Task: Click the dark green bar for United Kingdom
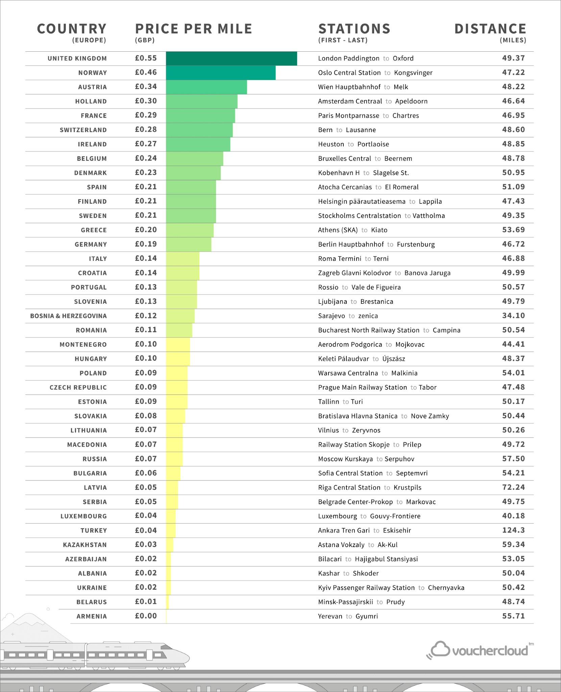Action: [x=231, y=58]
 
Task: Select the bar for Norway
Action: [x=221, y=73]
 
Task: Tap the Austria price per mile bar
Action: [x=206, y=87]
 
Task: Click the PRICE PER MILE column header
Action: [x=194, y=29]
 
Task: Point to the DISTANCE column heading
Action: [x=490, y=29]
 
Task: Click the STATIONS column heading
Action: [x=354, y=29]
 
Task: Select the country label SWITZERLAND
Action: [x=83, y=130]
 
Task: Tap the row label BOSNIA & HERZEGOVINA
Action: [x=68, y=316]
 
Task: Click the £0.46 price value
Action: [x=146, y=72]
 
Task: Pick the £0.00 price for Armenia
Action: [x=146, y=616]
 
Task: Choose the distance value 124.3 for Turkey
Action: [x=514, y=530]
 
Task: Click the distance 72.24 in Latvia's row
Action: [x=514, y=487]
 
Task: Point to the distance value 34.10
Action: [x=514, y=316]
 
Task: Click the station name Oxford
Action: [x=403, y=58]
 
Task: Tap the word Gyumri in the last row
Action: [x=367, y=616]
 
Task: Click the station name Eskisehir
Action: [x=397, y=530]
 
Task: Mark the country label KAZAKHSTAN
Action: [x=85, y=545]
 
